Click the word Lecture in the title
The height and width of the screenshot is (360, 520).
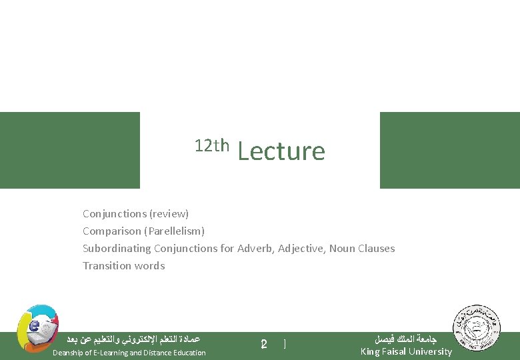coord(281,152)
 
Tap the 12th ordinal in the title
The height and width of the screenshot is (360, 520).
coord(212,145)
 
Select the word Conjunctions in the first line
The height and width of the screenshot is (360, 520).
coord(114,214)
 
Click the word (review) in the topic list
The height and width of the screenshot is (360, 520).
coord(169,214)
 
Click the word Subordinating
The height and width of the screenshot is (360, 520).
coord(117,249)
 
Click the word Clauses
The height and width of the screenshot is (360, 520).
coord(377,249)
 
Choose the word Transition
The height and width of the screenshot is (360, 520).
coord(106,266)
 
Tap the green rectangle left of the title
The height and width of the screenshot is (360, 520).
coord(70,150)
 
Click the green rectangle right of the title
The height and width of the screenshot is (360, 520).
coord(449,150)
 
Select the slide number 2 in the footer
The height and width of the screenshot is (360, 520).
coord(264,345)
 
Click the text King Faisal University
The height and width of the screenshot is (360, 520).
coord(405,351)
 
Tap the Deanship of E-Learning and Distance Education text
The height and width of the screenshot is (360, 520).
coord(129,353)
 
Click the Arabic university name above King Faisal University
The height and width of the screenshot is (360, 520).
coord(406,339)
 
